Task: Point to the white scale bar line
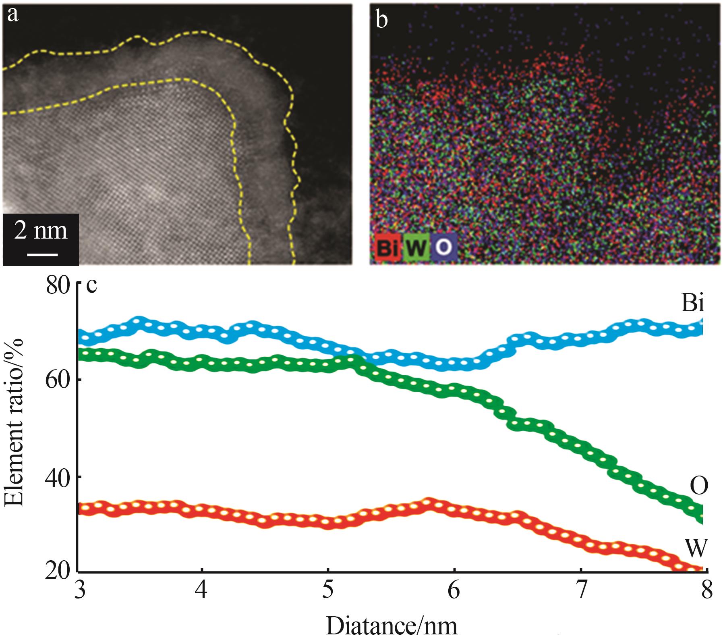[42, 255]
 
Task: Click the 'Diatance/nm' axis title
[392, 626]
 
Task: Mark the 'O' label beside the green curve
[698, 487]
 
